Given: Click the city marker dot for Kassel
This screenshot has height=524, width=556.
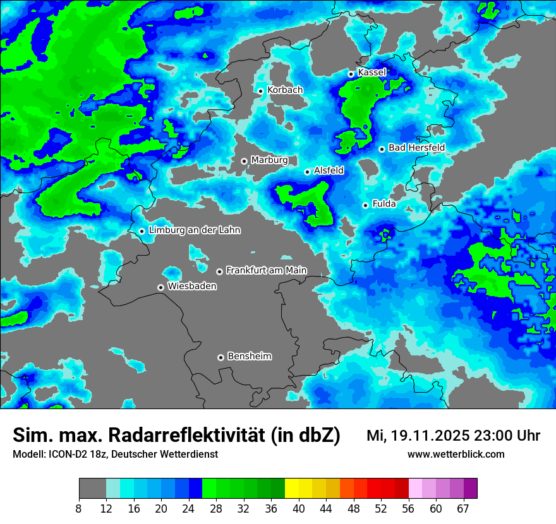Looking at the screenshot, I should [x=351, y=74].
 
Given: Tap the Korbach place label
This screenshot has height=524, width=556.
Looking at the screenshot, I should [x=285, y=90].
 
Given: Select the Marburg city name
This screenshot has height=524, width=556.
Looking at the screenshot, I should [x=269, y=160].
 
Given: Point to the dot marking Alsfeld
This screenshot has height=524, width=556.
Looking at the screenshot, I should [x=307, y=172].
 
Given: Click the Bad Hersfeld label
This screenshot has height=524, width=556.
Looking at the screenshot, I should [x=416, y=148].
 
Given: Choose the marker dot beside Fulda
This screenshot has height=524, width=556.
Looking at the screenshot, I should [x=365, y=205].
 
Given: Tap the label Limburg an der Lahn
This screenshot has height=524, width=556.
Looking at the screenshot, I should [x=195, y=230].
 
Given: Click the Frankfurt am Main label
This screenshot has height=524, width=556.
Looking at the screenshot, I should [x=266, y=270].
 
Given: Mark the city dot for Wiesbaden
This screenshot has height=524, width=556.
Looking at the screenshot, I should [x=161, y=287].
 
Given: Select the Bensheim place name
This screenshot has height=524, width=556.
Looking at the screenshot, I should [x=249, y=356].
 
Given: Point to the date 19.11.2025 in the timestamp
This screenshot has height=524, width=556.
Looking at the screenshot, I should [x=430, y=436].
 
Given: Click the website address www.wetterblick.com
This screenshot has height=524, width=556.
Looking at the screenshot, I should [x=456, y=455].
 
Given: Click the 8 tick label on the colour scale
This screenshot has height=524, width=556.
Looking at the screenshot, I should [x=79, y=509].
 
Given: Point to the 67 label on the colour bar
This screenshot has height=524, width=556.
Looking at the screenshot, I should [x=462, y=509].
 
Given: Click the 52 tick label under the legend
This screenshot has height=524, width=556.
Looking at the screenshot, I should [x=380, y=509].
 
